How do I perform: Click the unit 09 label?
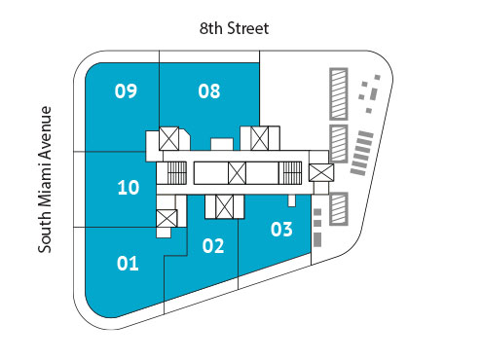(126, 92)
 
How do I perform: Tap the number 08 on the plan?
(209, 92)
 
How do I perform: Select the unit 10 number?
(128, 188)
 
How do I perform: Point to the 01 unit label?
(128, 263)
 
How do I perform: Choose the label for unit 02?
(213, 246)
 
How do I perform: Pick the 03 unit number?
(281, 231)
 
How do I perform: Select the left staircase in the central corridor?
(175, 173)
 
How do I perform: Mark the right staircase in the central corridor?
(290, 173)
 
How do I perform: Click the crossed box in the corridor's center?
(237, 173)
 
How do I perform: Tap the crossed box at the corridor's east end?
(320, 172)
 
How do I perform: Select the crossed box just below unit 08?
(260, 138)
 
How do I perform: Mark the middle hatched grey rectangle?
(339, 143)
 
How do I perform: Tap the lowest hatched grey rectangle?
(339, 207)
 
